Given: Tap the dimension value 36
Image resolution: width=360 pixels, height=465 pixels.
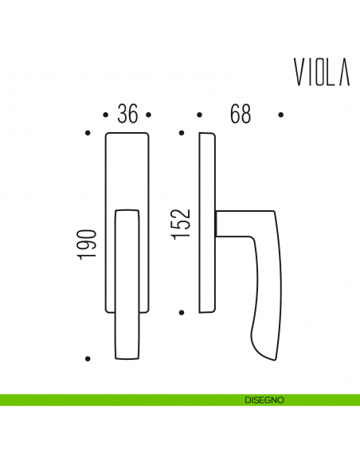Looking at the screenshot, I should pyautogui.click(x=127, y=114).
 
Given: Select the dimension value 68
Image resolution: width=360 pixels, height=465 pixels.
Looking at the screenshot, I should pyautogui.click(x=240, y=114).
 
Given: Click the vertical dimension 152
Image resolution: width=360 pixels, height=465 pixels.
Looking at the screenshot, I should pyautogui.click(x=182, y=224).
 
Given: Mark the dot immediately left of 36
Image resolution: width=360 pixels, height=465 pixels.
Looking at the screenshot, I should pyautogui.click(x=106, y=115).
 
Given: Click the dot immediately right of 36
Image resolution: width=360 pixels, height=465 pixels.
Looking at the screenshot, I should pyautogui.click(x=151, y=115).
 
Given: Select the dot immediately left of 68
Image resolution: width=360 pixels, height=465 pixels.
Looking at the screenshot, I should pyautogui.click(x=199, y=115).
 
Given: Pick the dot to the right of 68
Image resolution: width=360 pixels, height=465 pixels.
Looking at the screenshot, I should pyautogui.click(x=280, y=115).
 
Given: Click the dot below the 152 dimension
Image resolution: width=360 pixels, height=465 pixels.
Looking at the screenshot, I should pyautogui.click(x=182, y=313).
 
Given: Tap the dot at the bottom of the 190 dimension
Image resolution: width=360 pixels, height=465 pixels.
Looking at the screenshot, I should pyautogui.click(x=87, y=358).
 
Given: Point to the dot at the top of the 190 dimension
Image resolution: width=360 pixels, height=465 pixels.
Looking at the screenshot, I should pyautogui.click(x=87, y=132).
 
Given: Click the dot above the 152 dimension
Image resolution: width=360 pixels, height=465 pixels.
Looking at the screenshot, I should pyautogui.click(x=182, y=132).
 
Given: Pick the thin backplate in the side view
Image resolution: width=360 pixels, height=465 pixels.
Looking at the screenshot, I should pyautogui.click(x=207, y=223).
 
